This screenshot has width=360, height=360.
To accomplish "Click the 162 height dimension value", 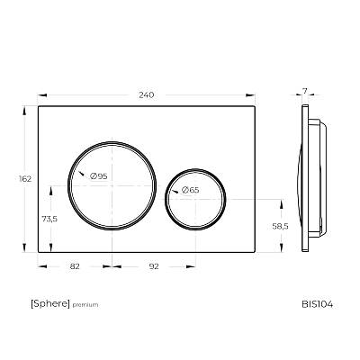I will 24,178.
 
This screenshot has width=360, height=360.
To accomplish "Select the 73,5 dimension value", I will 49,218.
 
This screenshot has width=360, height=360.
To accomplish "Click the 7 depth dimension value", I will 305,92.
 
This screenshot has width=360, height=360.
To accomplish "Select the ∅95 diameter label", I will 98,176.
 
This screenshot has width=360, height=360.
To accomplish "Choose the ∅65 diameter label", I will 189,190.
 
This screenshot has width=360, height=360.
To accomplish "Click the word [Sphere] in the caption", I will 49,304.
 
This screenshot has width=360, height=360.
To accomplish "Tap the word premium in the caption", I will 85,305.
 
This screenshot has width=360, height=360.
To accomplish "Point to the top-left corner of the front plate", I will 39,106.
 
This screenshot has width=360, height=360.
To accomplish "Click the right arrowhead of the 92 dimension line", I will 193,266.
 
